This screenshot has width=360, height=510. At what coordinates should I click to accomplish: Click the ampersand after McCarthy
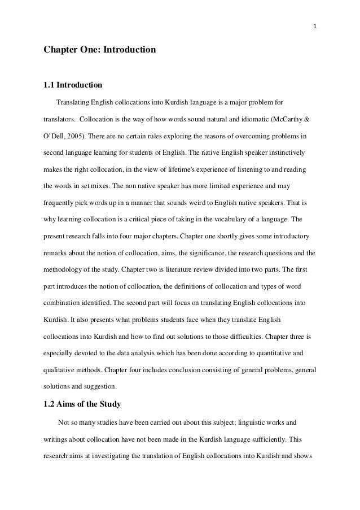click(x=306, y=120)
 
